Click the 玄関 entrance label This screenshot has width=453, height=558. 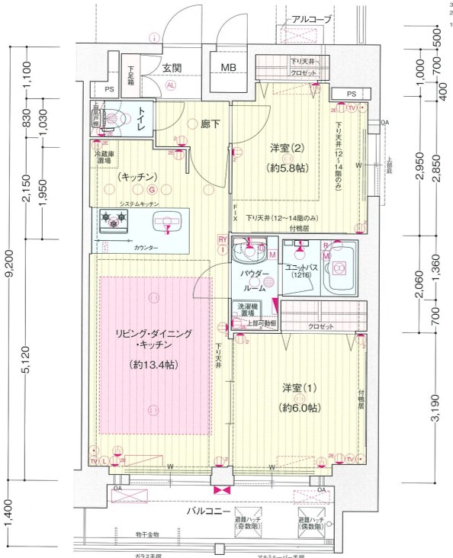[x=172, y=68]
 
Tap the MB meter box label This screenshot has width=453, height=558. [x=228, y=68]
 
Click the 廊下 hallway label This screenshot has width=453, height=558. [x=211, y=124]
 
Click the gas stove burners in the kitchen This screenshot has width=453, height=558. [x=113, y=220]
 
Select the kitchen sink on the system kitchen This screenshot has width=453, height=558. [x=165, y=221]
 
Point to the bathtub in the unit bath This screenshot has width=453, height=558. [x=338, y=268]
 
